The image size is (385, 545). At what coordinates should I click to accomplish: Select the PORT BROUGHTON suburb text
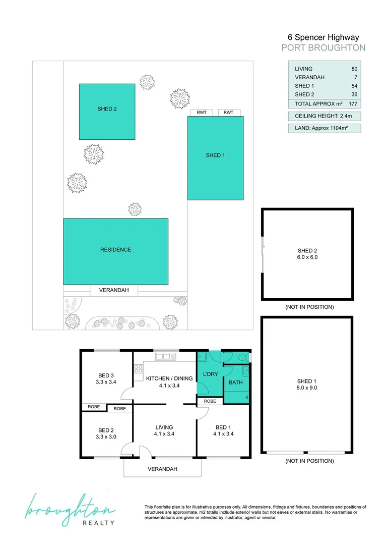tap(323, 48)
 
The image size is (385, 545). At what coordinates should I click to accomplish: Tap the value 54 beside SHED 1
tap(354, 86)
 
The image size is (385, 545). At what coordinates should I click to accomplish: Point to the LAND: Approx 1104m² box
tap(324, 128)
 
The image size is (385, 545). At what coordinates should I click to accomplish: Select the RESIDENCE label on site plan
tap(115, 250)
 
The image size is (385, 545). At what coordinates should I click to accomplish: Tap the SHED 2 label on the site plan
tap(107, 108)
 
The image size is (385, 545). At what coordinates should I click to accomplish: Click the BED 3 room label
tap(106, 375)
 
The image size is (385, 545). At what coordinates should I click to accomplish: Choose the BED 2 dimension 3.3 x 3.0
tap(106, 437)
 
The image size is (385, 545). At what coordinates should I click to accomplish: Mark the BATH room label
tap(235, 383)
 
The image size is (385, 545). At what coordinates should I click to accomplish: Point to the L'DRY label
tap(209, 375)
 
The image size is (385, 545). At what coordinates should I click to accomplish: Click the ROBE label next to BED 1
tap(209, 401)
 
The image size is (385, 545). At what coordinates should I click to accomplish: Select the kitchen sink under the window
tap(165, 357)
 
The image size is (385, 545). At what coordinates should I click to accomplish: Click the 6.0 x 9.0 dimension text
tap(307, 388)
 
